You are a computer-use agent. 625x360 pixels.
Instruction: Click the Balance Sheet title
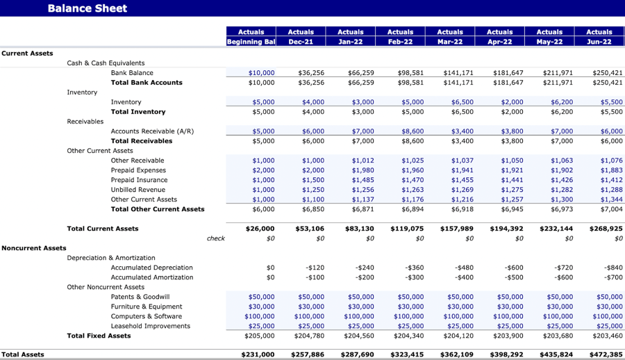[87, 8]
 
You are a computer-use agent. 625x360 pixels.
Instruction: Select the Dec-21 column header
[301, 42]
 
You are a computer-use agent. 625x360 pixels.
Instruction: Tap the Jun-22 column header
[599, 42]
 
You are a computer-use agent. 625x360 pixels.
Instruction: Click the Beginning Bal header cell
[251, 42]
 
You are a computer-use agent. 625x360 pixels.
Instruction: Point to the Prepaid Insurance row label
[138, 180]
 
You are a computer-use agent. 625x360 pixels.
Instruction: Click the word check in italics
[215, 238]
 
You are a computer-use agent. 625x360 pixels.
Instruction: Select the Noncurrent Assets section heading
[34, 248]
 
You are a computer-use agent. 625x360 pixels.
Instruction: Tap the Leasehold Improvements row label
[150, 326]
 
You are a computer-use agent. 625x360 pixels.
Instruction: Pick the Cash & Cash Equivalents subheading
[106, 63]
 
